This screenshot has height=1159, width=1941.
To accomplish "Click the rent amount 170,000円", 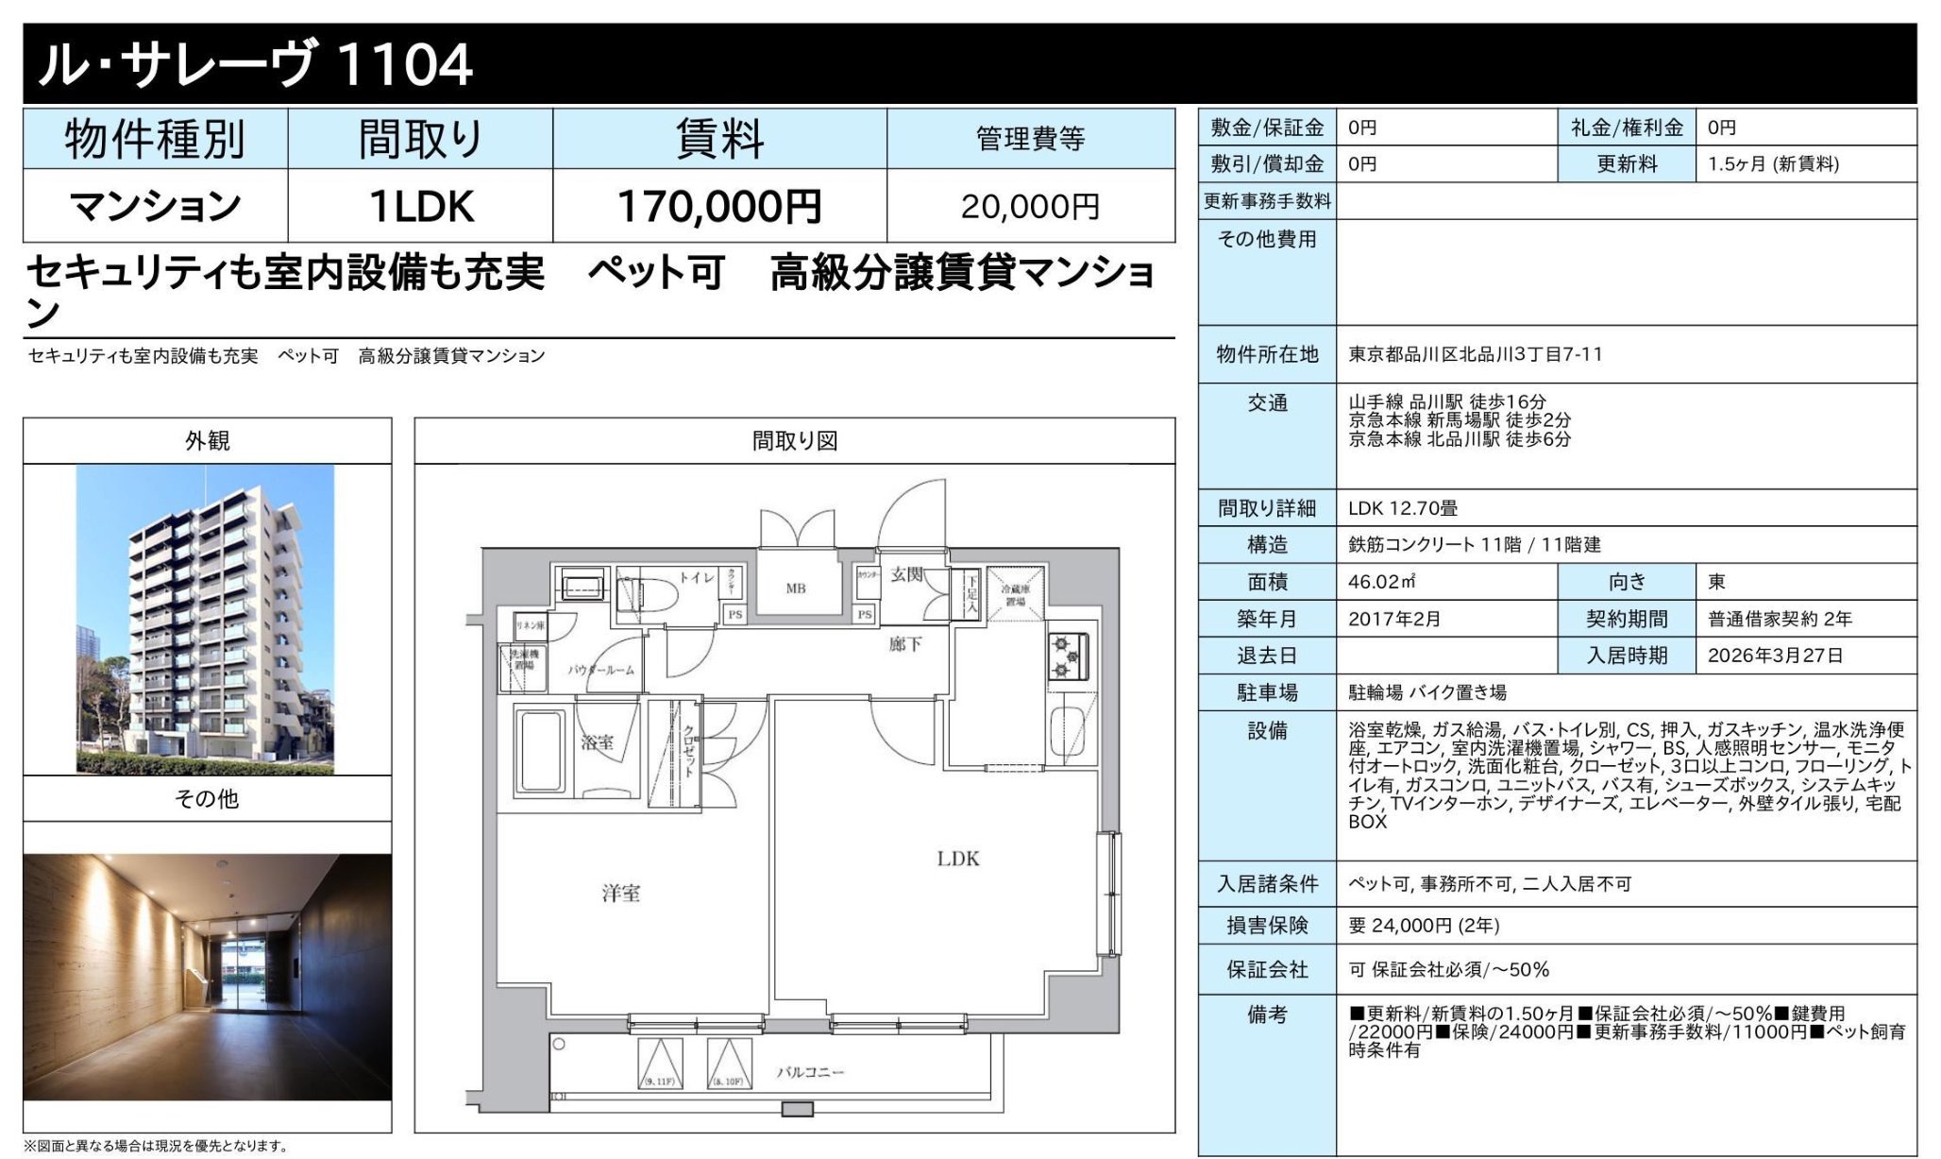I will click(718, 206).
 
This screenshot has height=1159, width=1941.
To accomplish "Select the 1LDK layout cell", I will click(420, 206).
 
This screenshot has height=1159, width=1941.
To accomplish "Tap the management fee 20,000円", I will click(1030, 206).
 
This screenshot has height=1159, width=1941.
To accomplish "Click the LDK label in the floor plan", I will click(957, 859).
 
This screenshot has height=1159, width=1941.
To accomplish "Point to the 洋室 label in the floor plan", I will click(621, 893).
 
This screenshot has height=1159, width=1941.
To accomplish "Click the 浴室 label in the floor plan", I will click(597, 742).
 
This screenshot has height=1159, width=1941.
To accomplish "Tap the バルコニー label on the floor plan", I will click(810, 1072).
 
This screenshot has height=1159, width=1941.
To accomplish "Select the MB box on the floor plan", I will click(796, 588).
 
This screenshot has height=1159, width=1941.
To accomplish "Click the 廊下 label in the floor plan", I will click(904, 644).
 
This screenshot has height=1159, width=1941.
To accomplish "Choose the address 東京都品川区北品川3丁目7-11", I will click(1475, 354).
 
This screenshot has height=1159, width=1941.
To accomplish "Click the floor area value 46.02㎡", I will click(1381, 582).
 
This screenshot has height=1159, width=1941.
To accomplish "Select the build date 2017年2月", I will click(1394, 619).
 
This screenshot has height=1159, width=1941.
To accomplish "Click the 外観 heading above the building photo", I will click(207, 441).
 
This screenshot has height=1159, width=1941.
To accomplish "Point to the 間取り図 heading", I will click(794, 441).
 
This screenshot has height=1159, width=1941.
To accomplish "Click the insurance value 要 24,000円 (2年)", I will click(1424, 926).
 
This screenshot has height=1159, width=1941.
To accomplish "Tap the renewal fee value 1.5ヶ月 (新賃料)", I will click(1773, 164).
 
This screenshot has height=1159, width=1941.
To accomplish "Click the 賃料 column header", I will click(718, 139).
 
